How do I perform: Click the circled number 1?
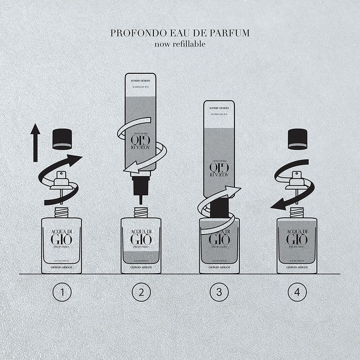[62, 293]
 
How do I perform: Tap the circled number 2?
[140, 293]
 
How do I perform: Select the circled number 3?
[219, 293]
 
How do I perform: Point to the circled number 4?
[297, 293]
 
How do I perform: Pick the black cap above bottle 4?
[297, 139]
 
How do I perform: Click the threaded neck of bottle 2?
[141, 211]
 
